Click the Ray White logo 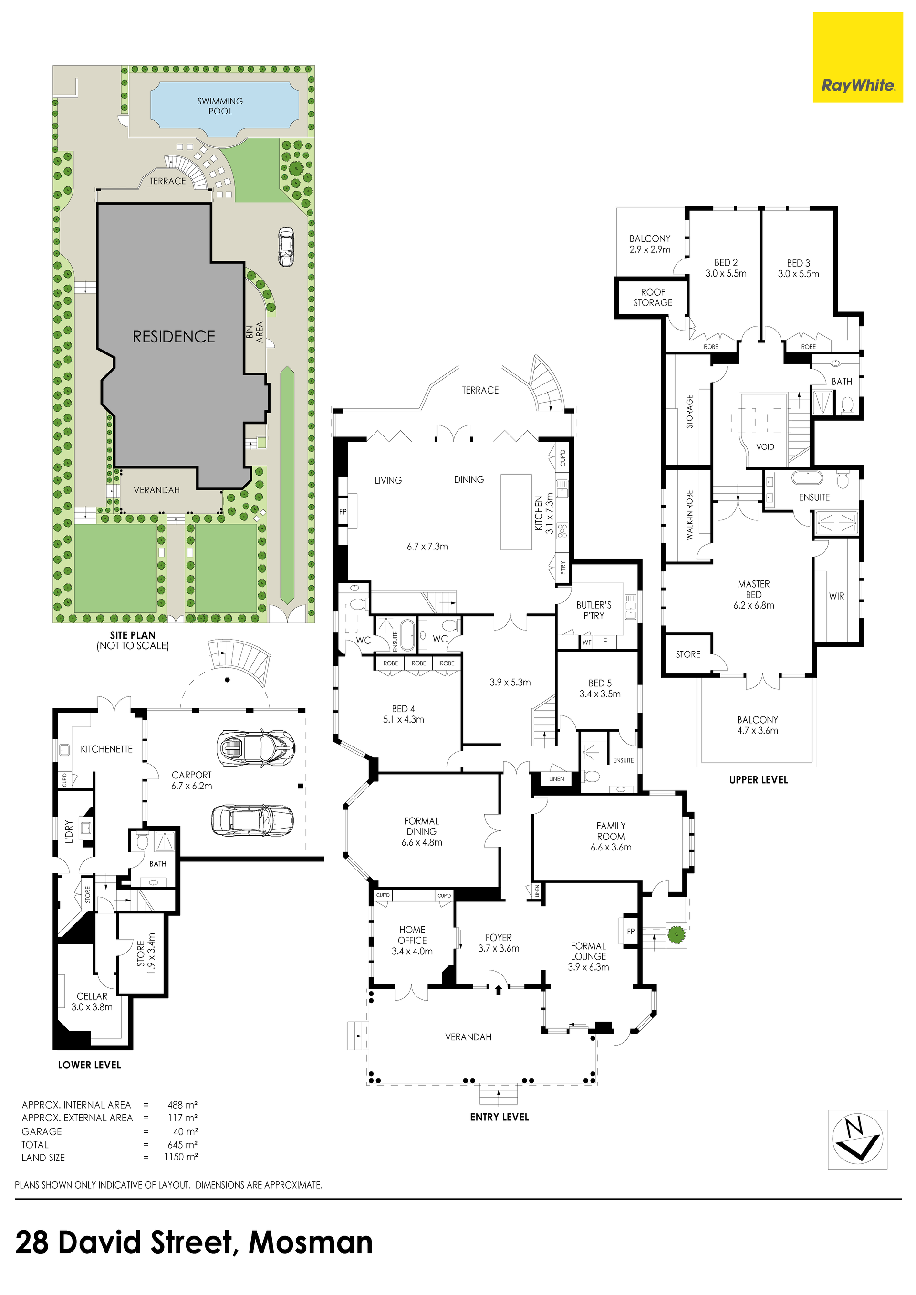857,58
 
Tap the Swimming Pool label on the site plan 220,106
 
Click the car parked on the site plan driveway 286,247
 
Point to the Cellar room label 92,1002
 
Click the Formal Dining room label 421,832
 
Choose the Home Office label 412,940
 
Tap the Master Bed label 754,594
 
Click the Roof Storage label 653,297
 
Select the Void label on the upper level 765,447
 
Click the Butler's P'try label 593,610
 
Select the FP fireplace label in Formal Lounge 631,931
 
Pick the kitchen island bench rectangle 516,512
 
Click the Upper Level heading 758,780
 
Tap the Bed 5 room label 600,688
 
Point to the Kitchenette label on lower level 106,749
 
